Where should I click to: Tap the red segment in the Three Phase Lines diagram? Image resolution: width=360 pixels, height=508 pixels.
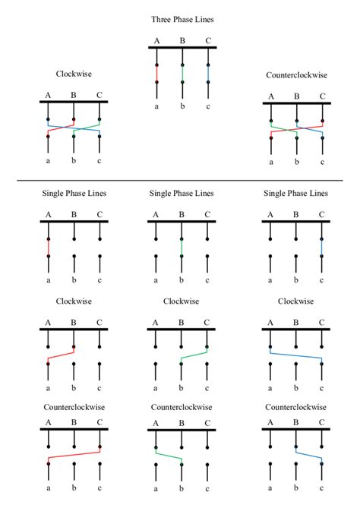[157, 73]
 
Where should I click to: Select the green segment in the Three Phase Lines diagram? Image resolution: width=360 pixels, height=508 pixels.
[182, 73]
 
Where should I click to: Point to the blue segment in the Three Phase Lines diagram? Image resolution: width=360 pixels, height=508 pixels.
[207, 73]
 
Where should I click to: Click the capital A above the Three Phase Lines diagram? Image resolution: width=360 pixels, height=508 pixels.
[157, 41]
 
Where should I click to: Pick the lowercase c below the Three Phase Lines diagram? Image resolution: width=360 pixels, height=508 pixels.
[207, 107]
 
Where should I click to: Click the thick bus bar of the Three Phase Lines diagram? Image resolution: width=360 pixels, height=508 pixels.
[182, 49]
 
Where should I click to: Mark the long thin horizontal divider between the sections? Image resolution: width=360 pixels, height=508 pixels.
[180, 180]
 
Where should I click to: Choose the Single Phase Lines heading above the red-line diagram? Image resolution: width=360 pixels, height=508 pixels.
[74, 194]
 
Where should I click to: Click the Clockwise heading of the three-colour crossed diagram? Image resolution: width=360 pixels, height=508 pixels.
[74, 74]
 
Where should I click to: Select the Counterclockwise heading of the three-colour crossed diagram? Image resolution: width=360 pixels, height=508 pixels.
[296, 76]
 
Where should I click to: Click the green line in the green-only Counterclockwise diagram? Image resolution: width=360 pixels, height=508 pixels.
[169, 456]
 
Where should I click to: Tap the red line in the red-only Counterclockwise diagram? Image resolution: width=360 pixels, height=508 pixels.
[74, 456]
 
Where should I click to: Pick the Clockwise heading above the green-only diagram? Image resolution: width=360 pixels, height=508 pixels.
[182, 301]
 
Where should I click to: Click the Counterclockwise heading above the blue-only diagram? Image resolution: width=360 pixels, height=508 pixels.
[296, 407]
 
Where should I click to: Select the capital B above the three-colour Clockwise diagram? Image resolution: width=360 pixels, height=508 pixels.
[74, 95]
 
